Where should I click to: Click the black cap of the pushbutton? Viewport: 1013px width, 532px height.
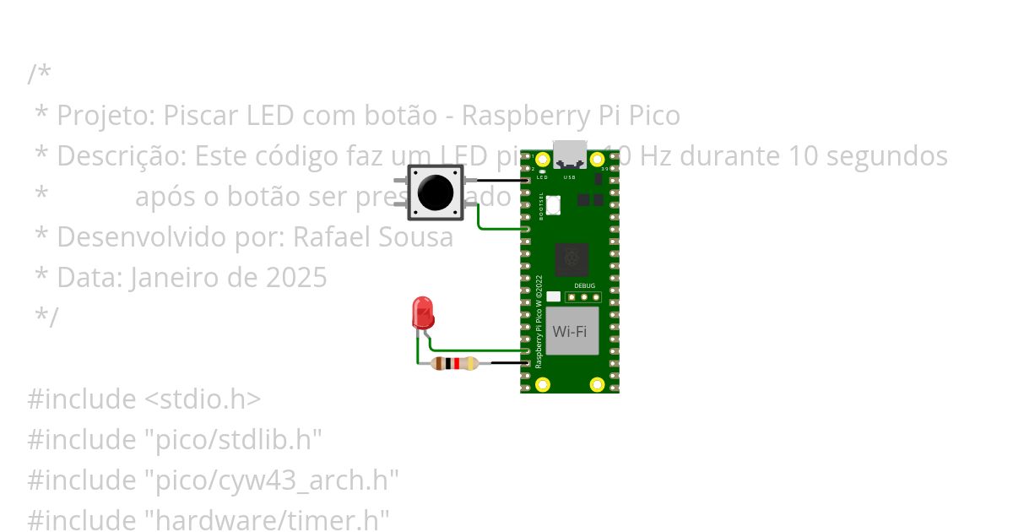pyautogui.click(x=435, y=193)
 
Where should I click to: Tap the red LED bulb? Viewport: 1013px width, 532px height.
pyautogui.click(x=422, y=312)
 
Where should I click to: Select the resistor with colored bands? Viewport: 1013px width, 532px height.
pyautogui.click(x=455, y=364)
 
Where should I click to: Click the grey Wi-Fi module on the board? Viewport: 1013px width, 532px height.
pyautogui.click(x=571, y=331)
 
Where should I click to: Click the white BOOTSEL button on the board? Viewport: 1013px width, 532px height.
pyautogui.click(x=553, y=204)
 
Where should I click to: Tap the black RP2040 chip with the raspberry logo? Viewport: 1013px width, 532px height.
pyautogui.click(x=571, y=260)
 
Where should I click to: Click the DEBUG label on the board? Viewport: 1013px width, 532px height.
pyautogui.click(x=584, y=286)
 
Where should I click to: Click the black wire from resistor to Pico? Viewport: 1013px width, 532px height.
pyautogui.click(x=508, y=364)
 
